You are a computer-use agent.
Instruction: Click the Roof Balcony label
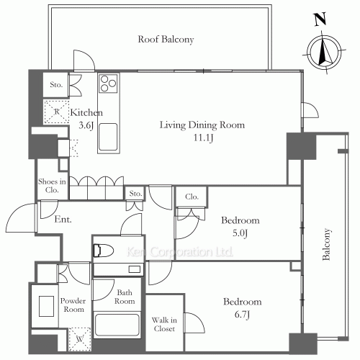(166, 40)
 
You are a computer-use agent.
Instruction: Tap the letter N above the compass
(320, 19)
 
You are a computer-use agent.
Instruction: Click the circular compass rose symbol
(324, 51)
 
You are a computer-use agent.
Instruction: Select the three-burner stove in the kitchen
(108, 83)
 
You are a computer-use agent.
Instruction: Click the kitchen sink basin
(108, 137)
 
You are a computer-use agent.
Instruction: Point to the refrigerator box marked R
(56, 112)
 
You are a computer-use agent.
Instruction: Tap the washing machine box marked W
(80, 339)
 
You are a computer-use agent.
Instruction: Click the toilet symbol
(103, 251)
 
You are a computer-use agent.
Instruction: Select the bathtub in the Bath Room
(117, 325)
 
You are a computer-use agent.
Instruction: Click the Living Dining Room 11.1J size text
(204, 138)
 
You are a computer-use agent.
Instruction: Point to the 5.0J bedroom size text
(240, 233)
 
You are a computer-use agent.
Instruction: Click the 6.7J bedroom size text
(242, 314)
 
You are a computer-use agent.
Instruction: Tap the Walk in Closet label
(164, 324)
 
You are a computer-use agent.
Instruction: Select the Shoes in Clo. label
(52, 186)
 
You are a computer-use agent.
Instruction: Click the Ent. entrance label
(63, 219)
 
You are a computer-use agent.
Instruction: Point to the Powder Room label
(73, 305)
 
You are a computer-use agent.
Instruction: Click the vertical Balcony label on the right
(326, 244)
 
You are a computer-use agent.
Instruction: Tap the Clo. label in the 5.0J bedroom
(192, 197)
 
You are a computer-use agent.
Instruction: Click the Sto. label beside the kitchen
(56, 84)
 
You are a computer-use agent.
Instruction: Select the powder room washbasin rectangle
(47, 306)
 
